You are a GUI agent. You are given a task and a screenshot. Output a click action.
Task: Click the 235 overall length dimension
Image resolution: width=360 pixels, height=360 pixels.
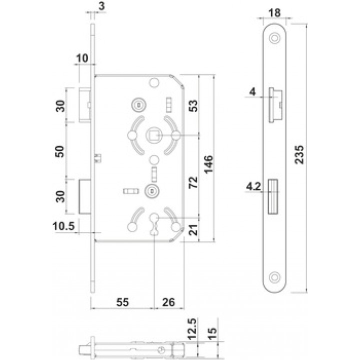point(299,154)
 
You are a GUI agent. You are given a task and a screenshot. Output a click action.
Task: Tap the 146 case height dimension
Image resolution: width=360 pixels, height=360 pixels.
point(208,164)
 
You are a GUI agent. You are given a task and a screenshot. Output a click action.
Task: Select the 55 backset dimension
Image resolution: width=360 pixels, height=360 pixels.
point(122,302)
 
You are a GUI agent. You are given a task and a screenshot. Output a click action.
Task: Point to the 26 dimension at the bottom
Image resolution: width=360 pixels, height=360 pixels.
point(168,302)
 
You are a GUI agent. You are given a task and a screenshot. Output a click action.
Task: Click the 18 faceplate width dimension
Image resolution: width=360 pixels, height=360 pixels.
point(274,12)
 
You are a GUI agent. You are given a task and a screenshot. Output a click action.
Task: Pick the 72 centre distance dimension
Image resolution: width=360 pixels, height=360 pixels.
point(193,182)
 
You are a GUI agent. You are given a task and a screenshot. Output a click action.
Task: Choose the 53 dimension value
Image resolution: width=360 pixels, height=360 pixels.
point(193,106)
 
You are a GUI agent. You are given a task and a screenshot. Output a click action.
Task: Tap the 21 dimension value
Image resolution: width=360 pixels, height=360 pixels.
point(193,230)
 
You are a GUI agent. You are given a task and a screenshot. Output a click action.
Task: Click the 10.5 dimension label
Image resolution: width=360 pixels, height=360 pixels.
point(64,226)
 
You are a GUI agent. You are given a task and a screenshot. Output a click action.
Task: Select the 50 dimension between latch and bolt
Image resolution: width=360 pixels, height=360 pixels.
point(59,151)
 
